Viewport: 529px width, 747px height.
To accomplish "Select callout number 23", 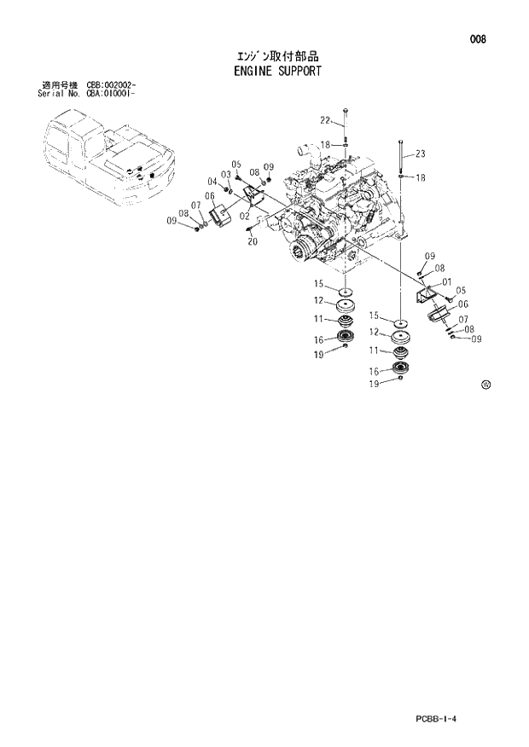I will click(420, 154).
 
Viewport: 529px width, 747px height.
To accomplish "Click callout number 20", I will click(253, 241).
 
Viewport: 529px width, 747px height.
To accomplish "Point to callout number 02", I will click(244, 216).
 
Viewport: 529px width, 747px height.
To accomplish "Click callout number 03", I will click(226, 175).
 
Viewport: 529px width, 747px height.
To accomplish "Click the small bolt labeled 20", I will click(248, 228).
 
